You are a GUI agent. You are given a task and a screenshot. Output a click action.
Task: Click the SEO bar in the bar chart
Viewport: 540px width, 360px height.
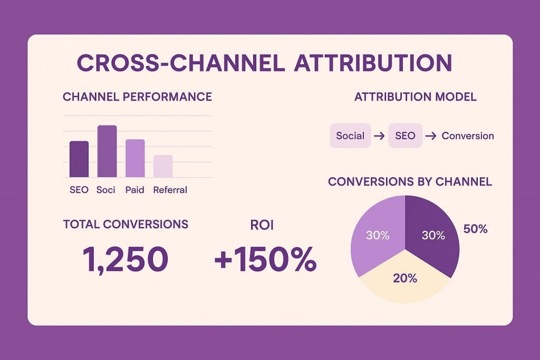point(79,159)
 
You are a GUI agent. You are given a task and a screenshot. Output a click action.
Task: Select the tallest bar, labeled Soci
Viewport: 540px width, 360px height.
point(107,151)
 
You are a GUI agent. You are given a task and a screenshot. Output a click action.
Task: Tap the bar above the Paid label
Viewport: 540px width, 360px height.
point(135,158)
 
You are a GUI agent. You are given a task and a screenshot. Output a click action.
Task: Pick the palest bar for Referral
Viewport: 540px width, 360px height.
point(163,166)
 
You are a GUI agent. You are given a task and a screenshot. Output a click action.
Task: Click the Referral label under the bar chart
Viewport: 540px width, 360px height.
point(170,190)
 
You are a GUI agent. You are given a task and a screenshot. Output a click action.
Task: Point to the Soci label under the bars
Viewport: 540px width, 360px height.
point(106,190)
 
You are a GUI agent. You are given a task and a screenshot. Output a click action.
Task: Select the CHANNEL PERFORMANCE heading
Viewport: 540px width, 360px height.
point(137,97)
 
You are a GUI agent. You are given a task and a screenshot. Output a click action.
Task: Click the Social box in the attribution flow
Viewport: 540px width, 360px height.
point(350,136)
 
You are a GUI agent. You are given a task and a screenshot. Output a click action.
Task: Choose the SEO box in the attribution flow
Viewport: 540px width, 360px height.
point(405,136)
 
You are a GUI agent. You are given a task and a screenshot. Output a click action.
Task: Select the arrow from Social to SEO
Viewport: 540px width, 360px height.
point(378,136)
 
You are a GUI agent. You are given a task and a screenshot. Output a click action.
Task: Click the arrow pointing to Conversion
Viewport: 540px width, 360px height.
point(430,136)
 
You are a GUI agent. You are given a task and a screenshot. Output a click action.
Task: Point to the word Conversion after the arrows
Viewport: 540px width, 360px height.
point(468,136)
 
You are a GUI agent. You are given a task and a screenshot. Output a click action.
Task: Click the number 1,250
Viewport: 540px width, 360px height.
point(126,259)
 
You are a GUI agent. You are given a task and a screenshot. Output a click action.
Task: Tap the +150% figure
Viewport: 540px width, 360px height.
point(265,259)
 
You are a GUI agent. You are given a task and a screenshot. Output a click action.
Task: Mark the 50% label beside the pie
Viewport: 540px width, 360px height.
point(475,229)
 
